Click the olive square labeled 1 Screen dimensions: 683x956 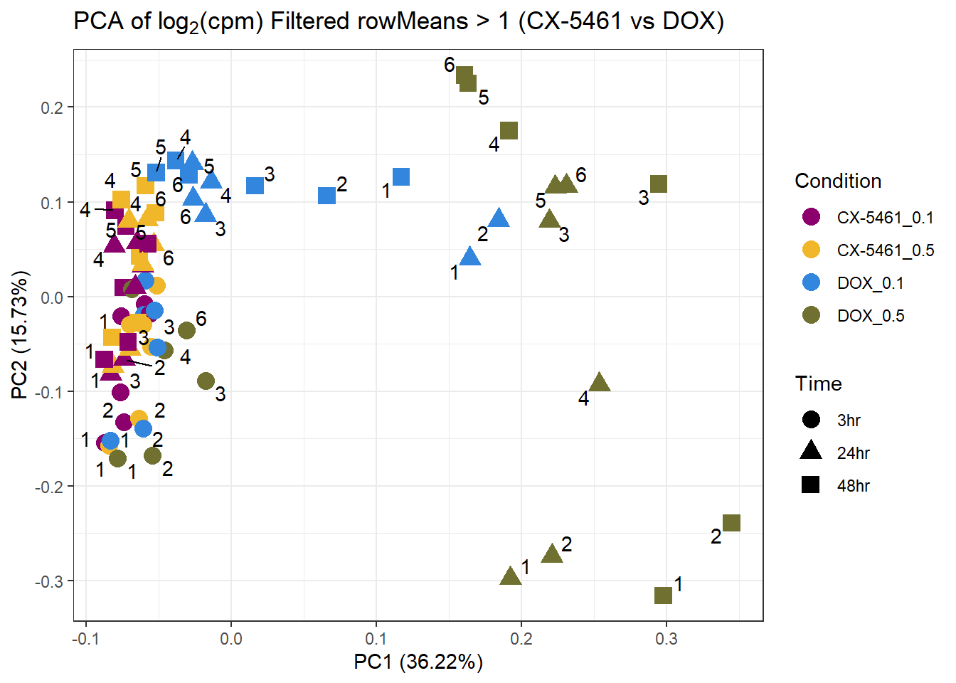pyautogui.click(x=663, y=595)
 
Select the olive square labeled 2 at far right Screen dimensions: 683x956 pyautogui.click(x=731, y=523)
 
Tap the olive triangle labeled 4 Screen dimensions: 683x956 pyautogui.click(x=600, y=383)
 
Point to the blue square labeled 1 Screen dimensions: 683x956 pyautogui.click(x=401, y=177)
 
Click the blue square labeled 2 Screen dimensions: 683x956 pyautogui.click(x=326, y=195)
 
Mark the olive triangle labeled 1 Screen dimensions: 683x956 pyautogui.click(x=511, y=576)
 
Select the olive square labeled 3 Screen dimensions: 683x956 pyautogui.click(x=659, y=184)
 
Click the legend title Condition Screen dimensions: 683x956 pyautogui.click(x=838, y=181)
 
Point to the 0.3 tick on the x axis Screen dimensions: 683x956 pyautogui.click(x=666, y=639)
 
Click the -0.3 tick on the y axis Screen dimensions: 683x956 pyautogui.click(x=49, y=582)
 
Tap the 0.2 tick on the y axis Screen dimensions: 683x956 pyautogui.click(x=53, y=107)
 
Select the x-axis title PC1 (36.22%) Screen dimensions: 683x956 pyautogui.click(x=418, y=662)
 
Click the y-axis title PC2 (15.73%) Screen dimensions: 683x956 pyautogui.click(x=21, y=334)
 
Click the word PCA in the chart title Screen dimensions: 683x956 pyautogui.click(x=99, y=21)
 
